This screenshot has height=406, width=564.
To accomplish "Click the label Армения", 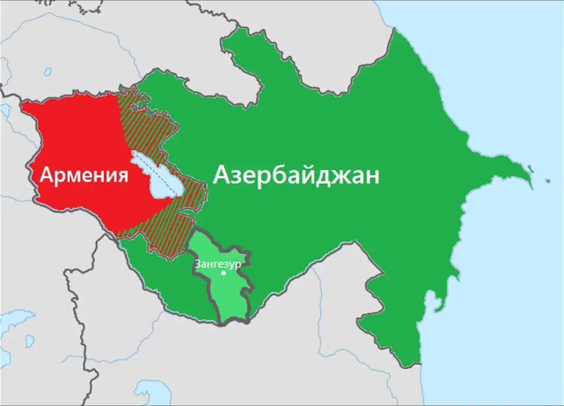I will coord(84,175).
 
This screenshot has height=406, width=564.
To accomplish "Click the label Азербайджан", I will coord(297,176).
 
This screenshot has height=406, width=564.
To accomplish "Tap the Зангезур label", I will coord(218,264).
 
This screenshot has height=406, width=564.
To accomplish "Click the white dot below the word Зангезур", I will coord(224,273).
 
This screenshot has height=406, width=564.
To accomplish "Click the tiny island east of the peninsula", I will coord(548,180).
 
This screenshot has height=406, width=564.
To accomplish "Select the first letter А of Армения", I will coord(47,175).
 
